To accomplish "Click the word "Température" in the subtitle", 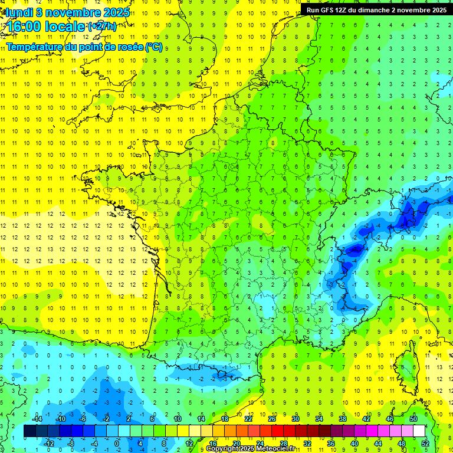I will tap(35, 47).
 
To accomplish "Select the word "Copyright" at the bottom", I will tap(222, 449).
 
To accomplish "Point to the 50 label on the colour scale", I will tap(413, 418).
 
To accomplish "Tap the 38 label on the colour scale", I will tap(343, 418).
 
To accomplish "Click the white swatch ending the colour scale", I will tap(419, 431).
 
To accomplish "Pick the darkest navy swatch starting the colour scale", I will tap(29, 431).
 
